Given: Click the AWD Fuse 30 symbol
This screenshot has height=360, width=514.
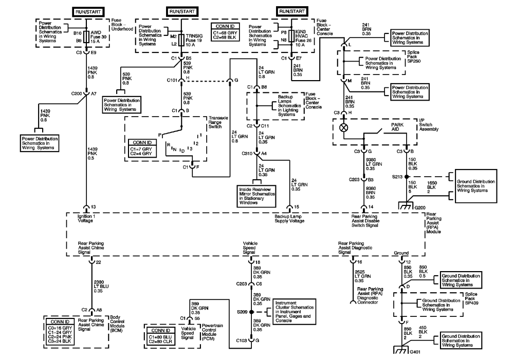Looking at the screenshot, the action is coord(86,36).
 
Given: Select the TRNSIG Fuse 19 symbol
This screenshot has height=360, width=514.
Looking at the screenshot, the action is coord(181,40).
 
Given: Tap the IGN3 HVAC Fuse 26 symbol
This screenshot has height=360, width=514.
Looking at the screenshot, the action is coord(291,36).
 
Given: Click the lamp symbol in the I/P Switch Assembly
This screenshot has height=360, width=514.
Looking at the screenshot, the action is coord(343,127).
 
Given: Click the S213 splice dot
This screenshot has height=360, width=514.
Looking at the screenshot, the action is coord(407,177).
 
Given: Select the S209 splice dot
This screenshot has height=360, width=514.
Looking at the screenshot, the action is coord(251,312).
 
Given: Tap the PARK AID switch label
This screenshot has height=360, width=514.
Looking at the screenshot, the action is coord(397,127).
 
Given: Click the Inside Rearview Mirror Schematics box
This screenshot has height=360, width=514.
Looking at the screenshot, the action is coord(256,196).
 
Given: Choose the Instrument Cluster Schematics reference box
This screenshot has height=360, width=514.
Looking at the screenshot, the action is coord(295,312).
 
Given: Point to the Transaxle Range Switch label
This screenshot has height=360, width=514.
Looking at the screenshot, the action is coord(218,122).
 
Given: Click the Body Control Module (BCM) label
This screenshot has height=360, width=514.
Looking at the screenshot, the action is coord(117,324).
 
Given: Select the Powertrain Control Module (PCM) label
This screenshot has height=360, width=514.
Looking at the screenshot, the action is coord(212,332).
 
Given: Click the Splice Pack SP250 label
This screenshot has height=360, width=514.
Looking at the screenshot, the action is coord(414,56).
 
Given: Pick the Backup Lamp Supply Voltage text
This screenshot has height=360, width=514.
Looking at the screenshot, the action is coord(289,218).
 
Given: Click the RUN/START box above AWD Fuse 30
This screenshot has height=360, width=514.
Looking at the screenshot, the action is coord(88,12).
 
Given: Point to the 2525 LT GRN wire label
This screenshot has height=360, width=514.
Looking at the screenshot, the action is coord(362,276).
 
